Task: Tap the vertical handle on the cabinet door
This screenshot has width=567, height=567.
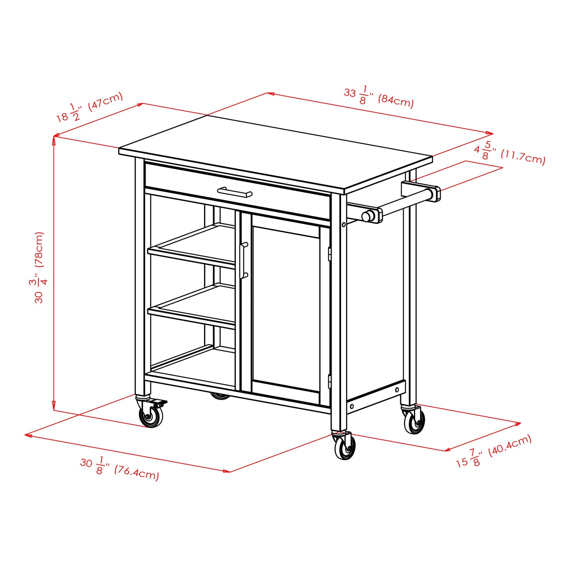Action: click(244, 261)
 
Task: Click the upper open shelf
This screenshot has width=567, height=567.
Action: click(191, 245)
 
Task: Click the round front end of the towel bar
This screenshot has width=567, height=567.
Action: click(368, 216)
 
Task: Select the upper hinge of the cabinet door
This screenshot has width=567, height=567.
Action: click(330, 254)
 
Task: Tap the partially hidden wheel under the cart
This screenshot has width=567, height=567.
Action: click(221, 396)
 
